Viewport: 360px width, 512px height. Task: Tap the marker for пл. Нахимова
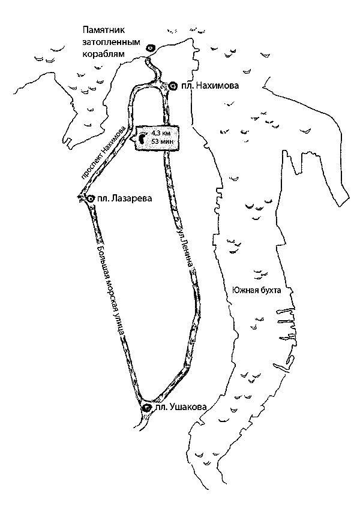(173, 86)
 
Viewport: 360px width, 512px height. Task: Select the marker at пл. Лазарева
(90, 198)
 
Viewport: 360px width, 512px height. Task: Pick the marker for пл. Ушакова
(146, 408)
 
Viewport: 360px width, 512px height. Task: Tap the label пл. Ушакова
(181, 408)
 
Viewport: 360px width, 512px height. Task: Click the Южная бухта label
(256, 290)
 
